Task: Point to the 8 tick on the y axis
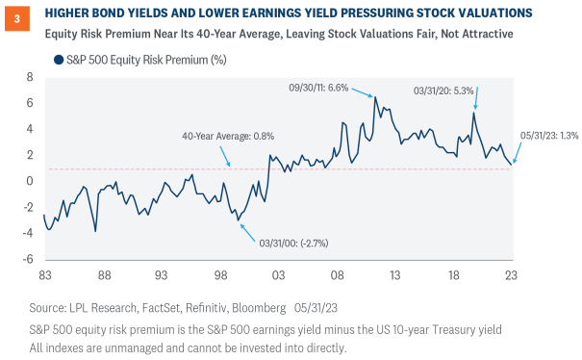(30, 76)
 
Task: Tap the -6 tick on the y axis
(27, 259)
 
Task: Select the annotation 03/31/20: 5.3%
(443, 90)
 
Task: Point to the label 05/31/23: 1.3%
(549, 136)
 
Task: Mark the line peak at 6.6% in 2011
(375, 96)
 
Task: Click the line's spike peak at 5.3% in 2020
(474, 113)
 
